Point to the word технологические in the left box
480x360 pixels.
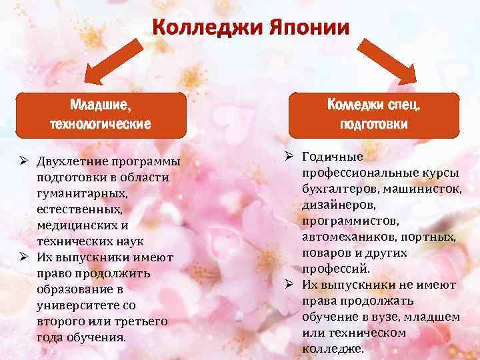point(101,124)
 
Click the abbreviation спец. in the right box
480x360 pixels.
point(407,105)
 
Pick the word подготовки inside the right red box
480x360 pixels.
point(374,124)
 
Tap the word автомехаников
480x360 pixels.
point(346,237)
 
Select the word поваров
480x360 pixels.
point(327,253)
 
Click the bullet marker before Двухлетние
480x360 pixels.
point(23,163)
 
